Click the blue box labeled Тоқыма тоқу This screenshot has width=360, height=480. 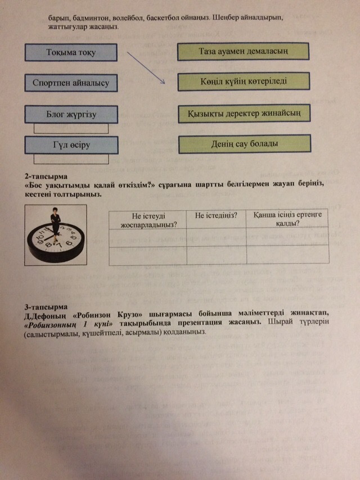click(x=71, y=53)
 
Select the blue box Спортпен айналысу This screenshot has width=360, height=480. click(x=71, y=84)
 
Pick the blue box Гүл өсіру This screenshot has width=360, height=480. click(x=71, y=145)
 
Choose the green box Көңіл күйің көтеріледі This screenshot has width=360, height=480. click(x=244, y=81)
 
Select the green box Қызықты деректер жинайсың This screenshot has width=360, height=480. click(x=244, y=114)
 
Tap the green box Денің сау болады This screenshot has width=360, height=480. click(x=244, y=144)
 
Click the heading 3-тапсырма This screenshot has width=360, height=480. click(x=44, y=307)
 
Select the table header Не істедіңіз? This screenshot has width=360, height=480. click(x=216, y=215)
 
